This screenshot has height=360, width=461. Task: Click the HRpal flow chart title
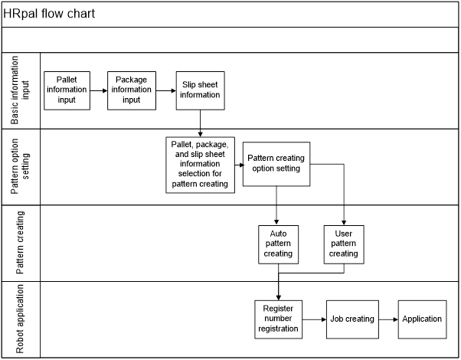[49, 14]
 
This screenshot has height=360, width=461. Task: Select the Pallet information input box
[67, 90]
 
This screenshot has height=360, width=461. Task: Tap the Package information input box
[132, 90]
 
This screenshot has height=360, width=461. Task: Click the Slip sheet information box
[200, 90]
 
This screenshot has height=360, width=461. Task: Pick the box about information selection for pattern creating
[200, 165]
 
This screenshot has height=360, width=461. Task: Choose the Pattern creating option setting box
[276, 164]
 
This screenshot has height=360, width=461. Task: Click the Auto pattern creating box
[279, 244]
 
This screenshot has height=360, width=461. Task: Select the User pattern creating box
[344, 244]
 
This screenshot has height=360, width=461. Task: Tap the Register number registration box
[279, 319]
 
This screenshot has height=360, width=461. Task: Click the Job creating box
[352, 319]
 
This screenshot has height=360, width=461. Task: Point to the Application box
[423, 319]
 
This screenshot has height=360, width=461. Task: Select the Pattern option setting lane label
[20, 166]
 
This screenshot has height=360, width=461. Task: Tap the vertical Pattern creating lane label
[20, 243]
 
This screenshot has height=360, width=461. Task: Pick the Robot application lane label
[20, 319]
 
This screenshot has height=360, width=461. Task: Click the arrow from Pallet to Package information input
[99, 91]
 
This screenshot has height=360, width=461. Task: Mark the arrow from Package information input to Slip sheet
[166, 91]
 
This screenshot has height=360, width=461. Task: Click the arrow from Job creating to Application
[388, 319]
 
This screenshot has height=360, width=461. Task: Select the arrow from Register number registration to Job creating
[314, 319]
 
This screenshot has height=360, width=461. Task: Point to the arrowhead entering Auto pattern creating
[276, 223]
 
